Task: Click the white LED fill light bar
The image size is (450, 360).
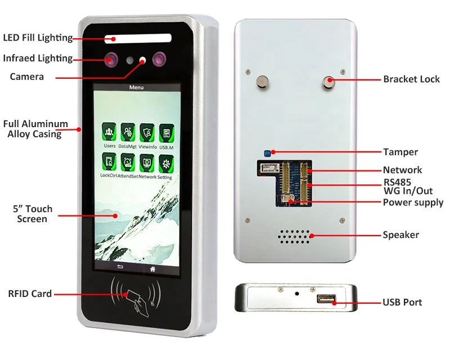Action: pos(137,39)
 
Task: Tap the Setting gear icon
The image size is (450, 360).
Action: pos(165,164)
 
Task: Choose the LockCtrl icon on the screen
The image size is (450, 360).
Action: pos(109,164)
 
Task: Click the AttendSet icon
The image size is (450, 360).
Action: pos(128,164)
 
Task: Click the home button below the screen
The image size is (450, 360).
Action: pos(152,268)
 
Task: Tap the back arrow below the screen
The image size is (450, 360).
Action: pos(119,268)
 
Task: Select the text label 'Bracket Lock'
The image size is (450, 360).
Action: pos(411,79)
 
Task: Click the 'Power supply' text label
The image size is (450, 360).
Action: pos(413,202)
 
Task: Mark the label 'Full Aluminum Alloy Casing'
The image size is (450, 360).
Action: pos(35,129)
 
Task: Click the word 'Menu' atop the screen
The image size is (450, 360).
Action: pos(136,87)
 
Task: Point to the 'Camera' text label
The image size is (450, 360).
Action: pos(26,76)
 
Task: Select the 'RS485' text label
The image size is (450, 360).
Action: pos(397,182)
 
